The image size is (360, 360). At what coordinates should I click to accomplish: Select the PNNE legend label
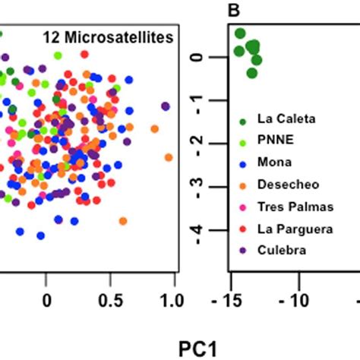click(271, 141)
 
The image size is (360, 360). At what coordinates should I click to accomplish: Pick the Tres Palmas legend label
click(286, 206)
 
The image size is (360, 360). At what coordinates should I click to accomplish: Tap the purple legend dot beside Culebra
click(242, 250)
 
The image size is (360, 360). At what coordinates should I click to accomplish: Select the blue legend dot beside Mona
click(242, 163)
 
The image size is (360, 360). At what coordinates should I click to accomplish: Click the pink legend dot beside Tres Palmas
click(242, 206)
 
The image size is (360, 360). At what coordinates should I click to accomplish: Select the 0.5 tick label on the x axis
click(109, 300)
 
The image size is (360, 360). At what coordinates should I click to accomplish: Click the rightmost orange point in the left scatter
click(169, 157)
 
